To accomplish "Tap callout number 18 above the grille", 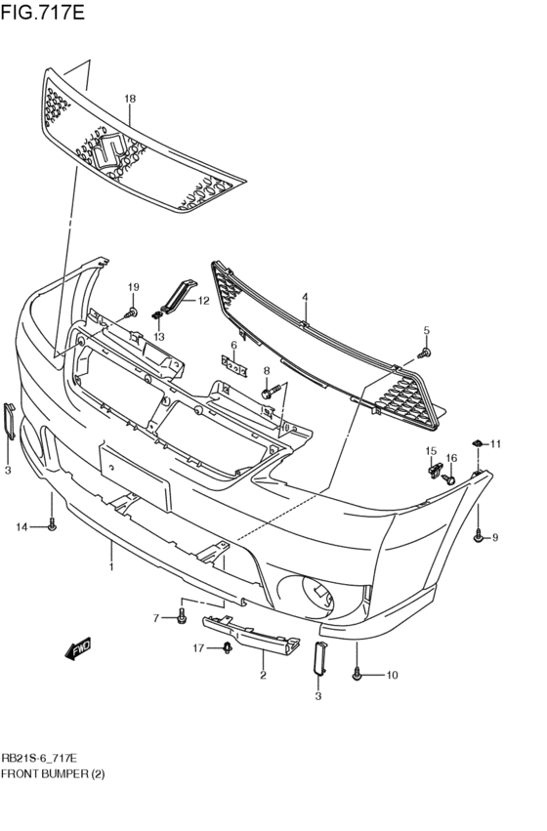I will point(129,100).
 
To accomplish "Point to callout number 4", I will point(305,297).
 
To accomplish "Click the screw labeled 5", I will point(424,353).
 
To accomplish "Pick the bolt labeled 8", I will point(268,393).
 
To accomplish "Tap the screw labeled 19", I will point(132,312).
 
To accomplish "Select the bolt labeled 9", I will point(479,536).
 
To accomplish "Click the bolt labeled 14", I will point(52,527).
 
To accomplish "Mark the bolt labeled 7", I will point(183,618).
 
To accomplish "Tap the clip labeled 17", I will point(227,647).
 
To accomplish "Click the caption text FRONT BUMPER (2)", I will point(54,773).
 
